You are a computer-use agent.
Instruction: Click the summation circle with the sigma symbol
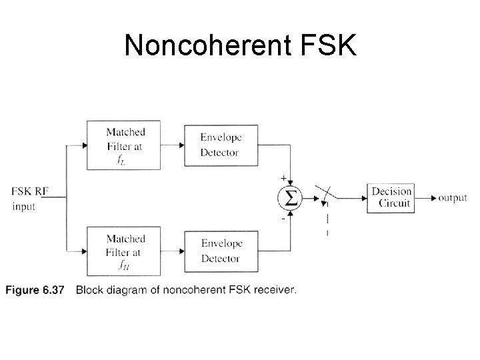291,197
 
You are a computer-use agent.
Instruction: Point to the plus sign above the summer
284,178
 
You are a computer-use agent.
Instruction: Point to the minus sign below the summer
283,217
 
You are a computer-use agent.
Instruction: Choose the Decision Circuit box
391,197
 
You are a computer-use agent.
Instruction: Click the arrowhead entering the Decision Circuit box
363,197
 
